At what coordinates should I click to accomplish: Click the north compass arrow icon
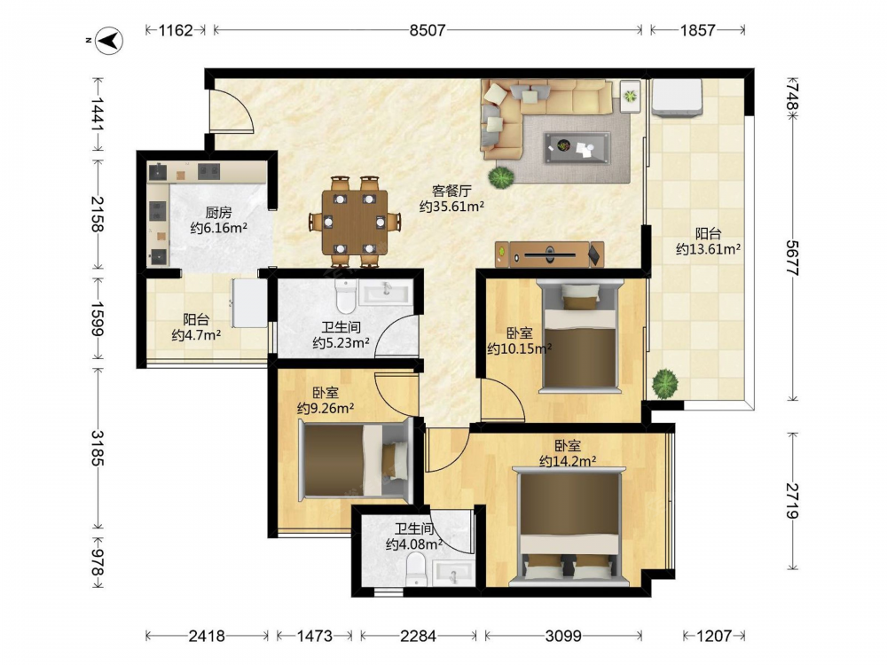(x=108, y=40)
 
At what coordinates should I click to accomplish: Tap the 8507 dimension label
(x=428, y=30)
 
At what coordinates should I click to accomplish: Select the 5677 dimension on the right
(x=792, y=258)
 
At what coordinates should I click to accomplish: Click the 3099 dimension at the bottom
(x=563, y=636)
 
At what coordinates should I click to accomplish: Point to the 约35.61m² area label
(x=452, y=207)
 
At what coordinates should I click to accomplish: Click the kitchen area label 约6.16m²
(x=219, y=228)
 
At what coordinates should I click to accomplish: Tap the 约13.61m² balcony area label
(x=708, y=249)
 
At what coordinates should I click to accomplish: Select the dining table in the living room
(x=355, y=222)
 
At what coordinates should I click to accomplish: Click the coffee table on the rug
(x=577, y=148)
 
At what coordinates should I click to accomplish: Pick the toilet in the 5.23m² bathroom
(x=345, y=297)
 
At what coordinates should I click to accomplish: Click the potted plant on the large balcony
(x=665, y=383)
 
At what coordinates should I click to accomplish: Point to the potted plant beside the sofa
(x=501, y=177)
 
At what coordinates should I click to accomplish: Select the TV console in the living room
(x=549, y=254)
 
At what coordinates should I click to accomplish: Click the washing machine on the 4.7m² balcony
(x=249, y=302)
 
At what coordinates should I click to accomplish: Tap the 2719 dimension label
(x=792, y=501)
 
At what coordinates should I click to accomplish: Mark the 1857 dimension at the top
(x=697, y=30)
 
